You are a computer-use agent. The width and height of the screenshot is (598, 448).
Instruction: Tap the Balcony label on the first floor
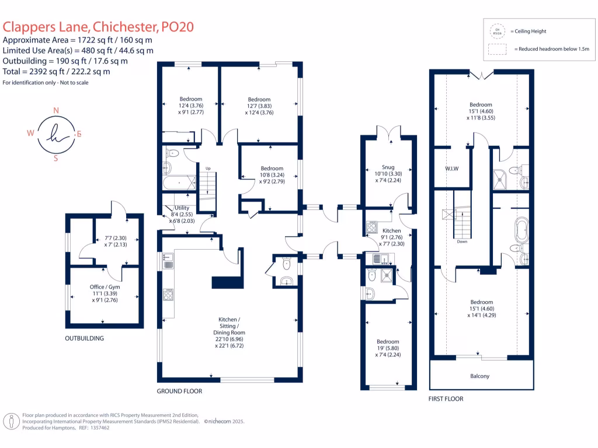click(x=479, y=376)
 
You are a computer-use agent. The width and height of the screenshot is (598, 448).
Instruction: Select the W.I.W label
click(x=451, y=170)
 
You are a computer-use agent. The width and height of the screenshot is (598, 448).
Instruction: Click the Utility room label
click(x=182, y=208)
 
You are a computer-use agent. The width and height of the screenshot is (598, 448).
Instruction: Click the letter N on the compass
click(x=56, y=110)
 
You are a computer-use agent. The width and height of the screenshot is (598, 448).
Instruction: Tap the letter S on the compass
click(x=56, y=157)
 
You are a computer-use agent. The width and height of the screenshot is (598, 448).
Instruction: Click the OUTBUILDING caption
click(x=84, y=338)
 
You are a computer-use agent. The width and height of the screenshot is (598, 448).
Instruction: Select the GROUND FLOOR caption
click(x=179, y=391)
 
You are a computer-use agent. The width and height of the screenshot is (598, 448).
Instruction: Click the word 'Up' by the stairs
click(x=207, y=169)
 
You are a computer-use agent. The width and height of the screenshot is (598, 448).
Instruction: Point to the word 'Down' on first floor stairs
click(x=462, y=241)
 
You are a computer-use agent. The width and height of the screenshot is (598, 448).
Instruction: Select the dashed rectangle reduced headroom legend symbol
click(x=498, y=50)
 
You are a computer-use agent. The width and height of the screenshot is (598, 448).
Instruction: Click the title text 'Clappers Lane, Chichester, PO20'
click(x=98, y=26)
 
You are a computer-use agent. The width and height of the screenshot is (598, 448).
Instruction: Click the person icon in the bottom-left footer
click(x=11, y=421)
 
